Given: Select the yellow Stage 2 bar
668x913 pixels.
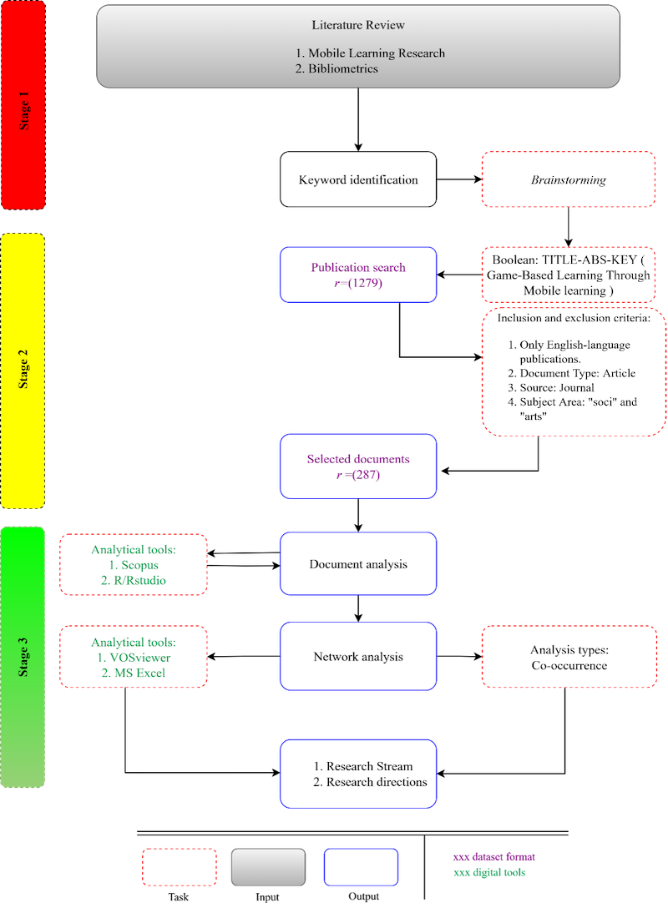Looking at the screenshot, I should pyautogui.click(x=23, y=371).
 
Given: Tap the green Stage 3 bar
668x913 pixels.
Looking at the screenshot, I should pyautogui.click(x=23, y=657).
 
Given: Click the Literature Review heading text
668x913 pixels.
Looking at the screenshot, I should pyautogui.click(x=358, y=25).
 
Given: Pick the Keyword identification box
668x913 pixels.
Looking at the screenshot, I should pyautogui.click(x=358, y=179).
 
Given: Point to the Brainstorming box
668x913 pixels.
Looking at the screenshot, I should pyautogui.click(x=568, y=179).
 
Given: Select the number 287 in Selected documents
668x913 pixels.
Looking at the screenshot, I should pyautogui.click(x=367, y=474).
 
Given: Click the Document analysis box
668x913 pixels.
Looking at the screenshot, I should pyautogui.click(x=358, y=564).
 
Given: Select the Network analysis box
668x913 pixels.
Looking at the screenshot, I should pyautogui.click(x=358, y=656).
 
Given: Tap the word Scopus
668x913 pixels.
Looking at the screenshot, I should pyautogui.click(x=139, y=566).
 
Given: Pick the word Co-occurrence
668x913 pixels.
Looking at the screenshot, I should pyautogui.click(x=568, y=665).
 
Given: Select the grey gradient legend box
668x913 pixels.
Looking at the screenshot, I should pyautogui.click(x=268, y=866).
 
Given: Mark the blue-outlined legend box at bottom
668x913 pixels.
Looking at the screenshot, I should pyautogui.click(x=361, y=866).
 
